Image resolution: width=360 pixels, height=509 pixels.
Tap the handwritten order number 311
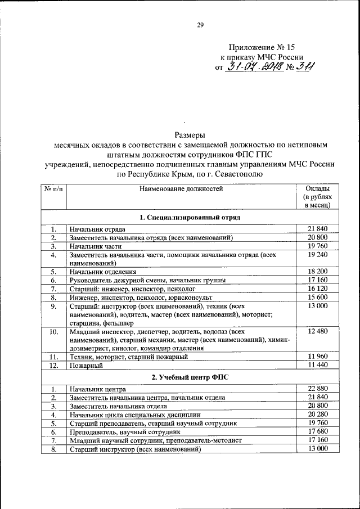[304, 67]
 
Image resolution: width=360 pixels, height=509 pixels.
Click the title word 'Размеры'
[190, 134]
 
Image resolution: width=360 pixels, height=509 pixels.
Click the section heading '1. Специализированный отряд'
[190, 217]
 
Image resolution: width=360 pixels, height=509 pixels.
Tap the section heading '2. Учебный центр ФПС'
[190, 376]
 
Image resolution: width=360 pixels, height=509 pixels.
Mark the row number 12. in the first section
[53, 366]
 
